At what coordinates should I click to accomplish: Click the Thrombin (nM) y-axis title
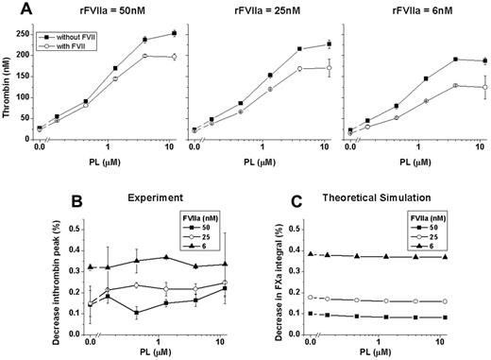click(9, 79)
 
